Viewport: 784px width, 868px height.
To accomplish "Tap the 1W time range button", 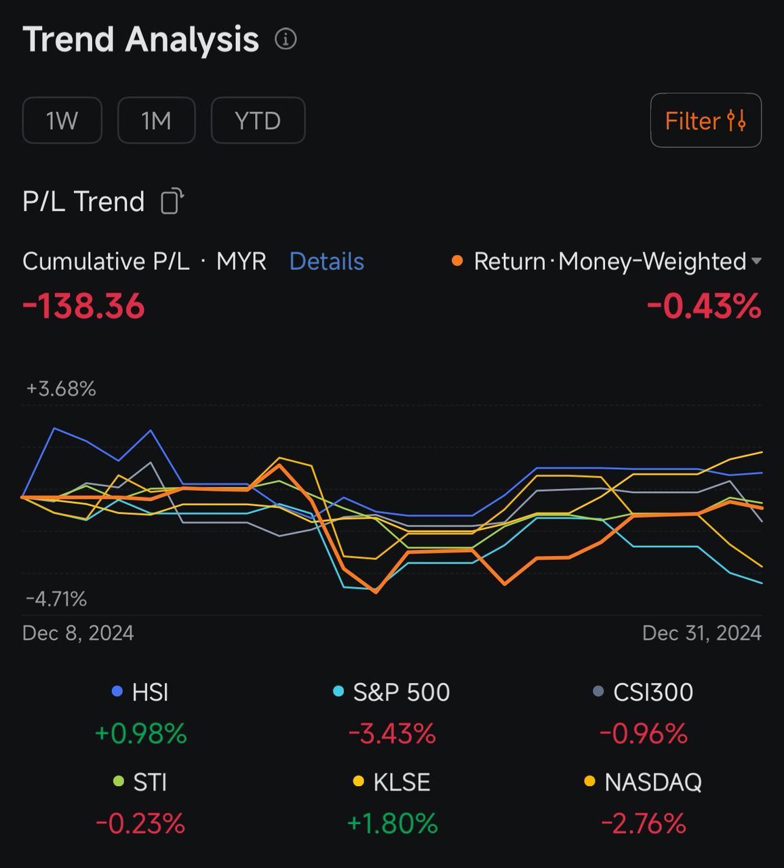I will coord(62,121).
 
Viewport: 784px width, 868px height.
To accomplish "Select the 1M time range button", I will coord(156,121).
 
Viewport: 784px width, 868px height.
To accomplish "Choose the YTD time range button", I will coord(258,121).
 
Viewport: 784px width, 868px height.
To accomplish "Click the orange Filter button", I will coord(705,121).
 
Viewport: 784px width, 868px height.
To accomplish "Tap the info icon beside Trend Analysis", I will coord(286,39).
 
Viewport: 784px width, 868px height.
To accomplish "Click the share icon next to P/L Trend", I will coord(172,201).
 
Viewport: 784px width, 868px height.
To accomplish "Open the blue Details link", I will coord(326,261).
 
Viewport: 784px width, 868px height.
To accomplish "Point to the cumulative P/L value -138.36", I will coord(83,306).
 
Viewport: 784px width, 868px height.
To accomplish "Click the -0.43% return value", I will coord(704,306).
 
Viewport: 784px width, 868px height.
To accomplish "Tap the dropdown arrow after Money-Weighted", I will coord(757,261).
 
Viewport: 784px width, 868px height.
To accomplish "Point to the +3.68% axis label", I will coord(61,389).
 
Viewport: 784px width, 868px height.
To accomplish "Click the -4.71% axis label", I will coord(56,599).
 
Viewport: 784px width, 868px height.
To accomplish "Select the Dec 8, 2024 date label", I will coord(78,633).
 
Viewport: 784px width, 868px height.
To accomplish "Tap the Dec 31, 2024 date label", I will coord(701,633).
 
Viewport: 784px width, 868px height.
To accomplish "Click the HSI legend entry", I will coord(141,692).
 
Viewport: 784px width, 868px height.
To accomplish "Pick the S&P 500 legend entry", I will coord(392,692).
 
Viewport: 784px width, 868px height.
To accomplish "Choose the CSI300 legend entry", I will coord(644,692).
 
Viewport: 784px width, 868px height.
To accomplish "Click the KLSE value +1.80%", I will coord(392,823).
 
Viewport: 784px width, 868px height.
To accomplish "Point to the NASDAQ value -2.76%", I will coord(644,823).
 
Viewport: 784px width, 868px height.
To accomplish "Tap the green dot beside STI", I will coord(119,782).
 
